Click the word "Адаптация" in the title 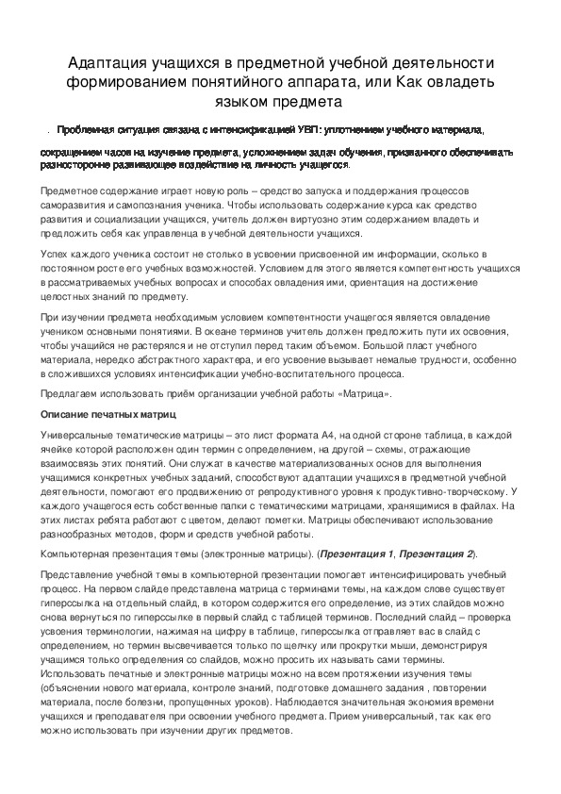tap(107, 62)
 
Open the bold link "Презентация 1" tap(357, 554)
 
